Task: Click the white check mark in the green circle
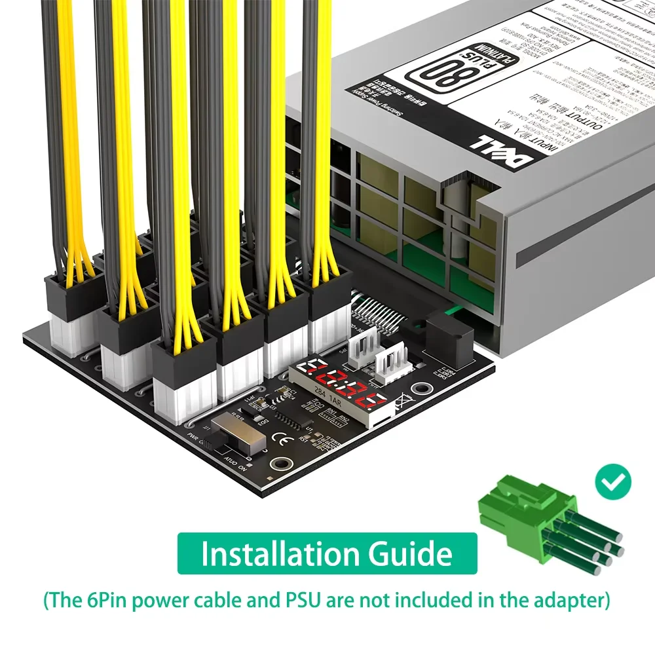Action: click(613, 482)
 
